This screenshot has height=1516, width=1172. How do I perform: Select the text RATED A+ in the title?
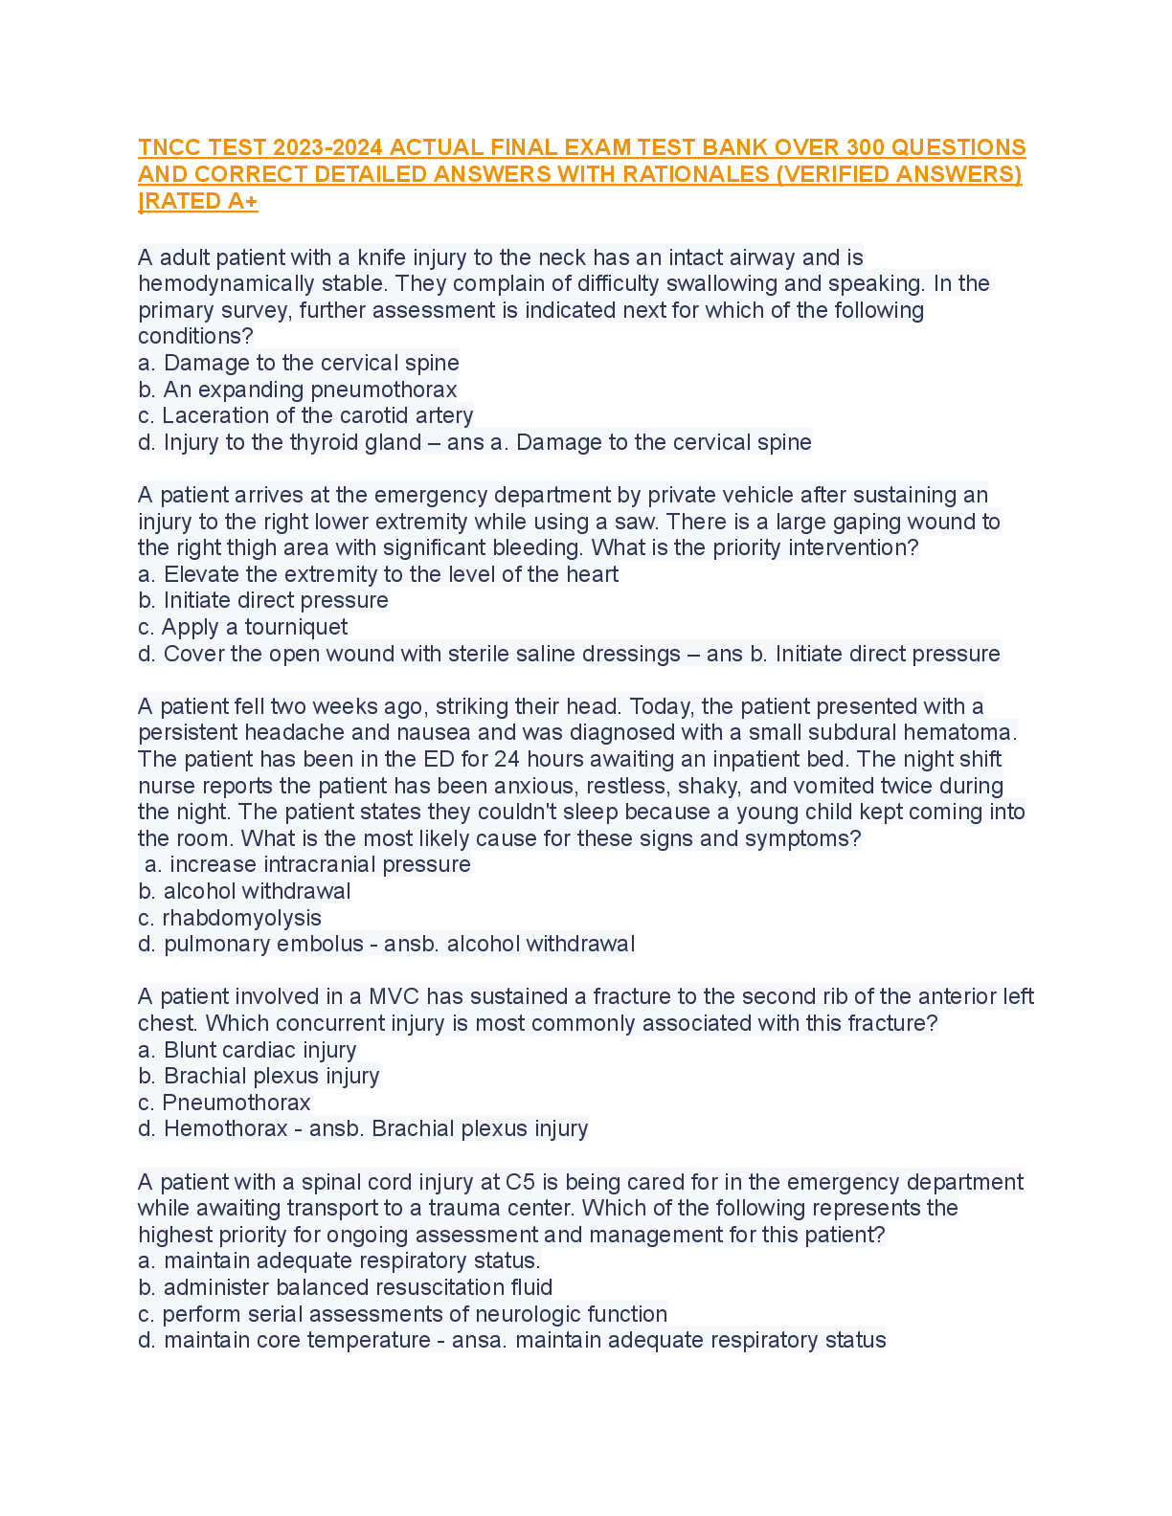click(200, 201)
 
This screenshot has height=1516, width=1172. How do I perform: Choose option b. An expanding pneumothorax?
click(298, 390)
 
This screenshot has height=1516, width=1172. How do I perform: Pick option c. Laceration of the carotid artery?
click(305, 415)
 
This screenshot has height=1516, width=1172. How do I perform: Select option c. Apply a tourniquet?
click(243, 627)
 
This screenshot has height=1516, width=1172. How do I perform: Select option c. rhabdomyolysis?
click(230, 918)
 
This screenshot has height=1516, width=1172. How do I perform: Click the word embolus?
click(319, 944)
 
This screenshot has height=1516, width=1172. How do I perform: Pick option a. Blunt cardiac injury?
click(247, 1050)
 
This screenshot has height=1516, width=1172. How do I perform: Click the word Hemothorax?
click(225, 1128)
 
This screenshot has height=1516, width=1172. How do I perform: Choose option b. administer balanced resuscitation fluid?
click(346, 1287)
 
